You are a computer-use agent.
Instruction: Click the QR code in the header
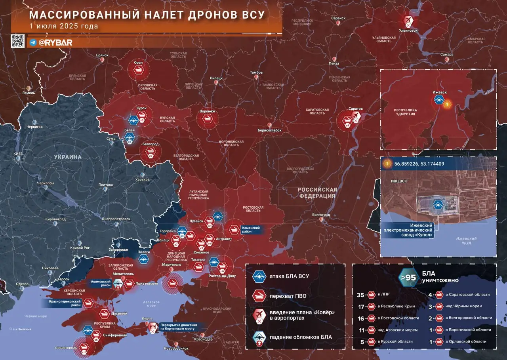coord(17,41)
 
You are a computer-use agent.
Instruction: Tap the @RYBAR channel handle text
coord(55,42)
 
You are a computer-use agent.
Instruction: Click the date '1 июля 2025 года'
coord(63,26)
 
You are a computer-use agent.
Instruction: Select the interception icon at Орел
coord(139,71)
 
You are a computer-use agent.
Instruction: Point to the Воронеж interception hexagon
coord(208,119)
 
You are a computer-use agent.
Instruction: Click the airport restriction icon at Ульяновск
coord(409,21)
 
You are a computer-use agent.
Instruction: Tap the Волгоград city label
coord(321,215)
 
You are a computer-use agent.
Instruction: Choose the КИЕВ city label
coord(18,154)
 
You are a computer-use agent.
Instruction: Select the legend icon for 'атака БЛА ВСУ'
coord(259,276)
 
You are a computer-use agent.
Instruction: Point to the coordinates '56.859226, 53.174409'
coord(419,163)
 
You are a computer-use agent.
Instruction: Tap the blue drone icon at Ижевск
coord(438,100)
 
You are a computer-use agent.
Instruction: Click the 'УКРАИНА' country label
coord(68,157)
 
